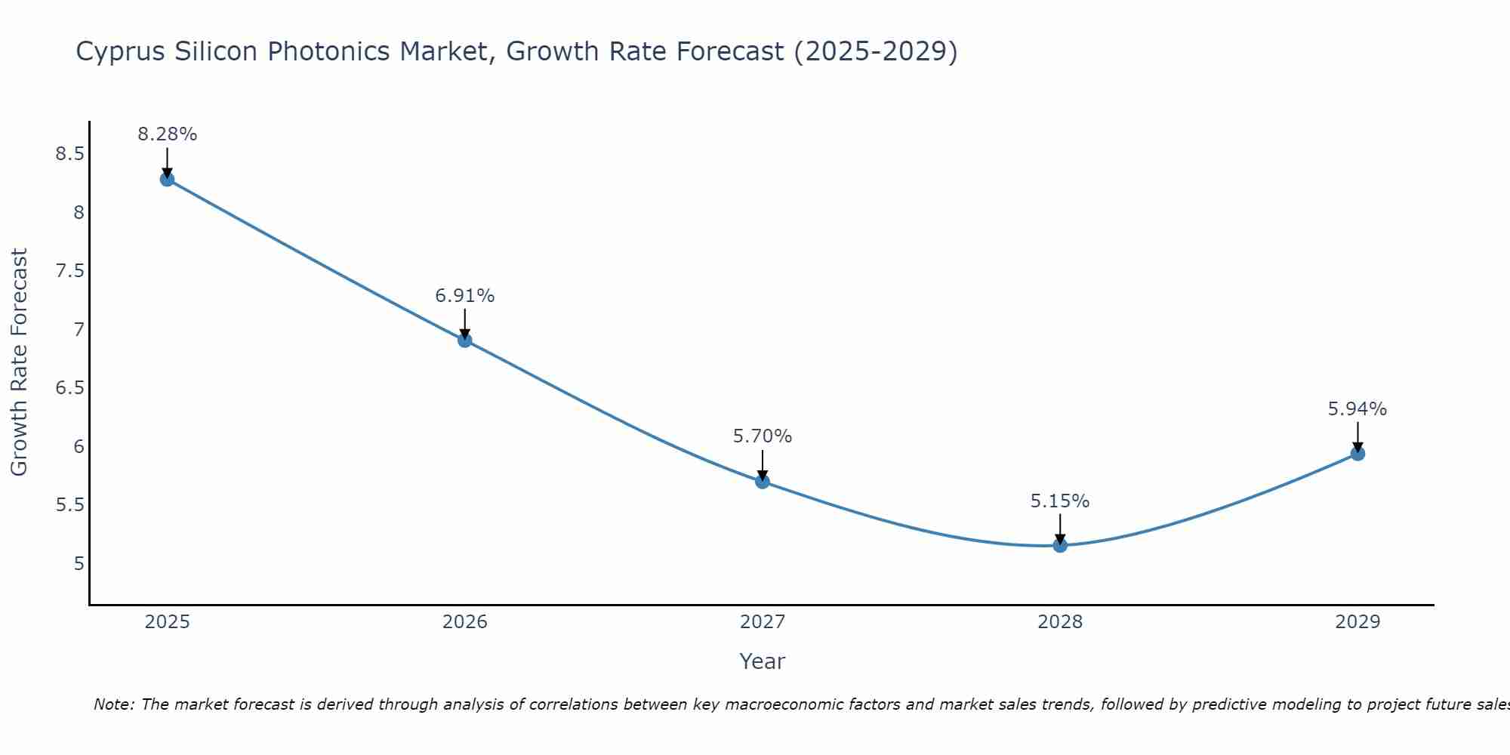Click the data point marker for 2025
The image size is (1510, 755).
pos(168,180)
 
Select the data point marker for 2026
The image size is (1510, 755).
pos(465,341)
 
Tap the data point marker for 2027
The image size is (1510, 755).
pos(763,482)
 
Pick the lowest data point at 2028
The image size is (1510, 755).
pos(1060,545)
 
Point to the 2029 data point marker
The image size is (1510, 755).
pos(1357,454)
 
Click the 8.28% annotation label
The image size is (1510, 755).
pos(168,134)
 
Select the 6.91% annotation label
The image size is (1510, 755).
pos(465,296)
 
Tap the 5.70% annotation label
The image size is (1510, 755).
pos(763,436)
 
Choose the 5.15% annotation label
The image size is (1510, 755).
pos(1060,501)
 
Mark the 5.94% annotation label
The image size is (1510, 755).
pos(1357,409)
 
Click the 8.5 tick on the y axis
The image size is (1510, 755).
pos(69,154)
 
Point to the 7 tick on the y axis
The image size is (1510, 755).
pos(79,330)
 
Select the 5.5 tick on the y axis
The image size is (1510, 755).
pos(69,505)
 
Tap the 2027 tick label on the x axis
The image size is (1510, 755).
pos(763,622)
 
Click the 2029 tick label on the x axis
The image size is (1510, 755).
pos(1357,622)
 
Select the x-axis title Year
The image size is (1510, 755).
pos(763,661)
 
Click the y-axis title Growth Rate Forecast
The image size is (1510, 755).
pos(19,362)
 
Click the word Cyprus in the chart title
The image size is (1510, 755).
pos(122,52)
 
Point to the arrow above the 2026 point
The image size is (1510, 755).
pos(465,323)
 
